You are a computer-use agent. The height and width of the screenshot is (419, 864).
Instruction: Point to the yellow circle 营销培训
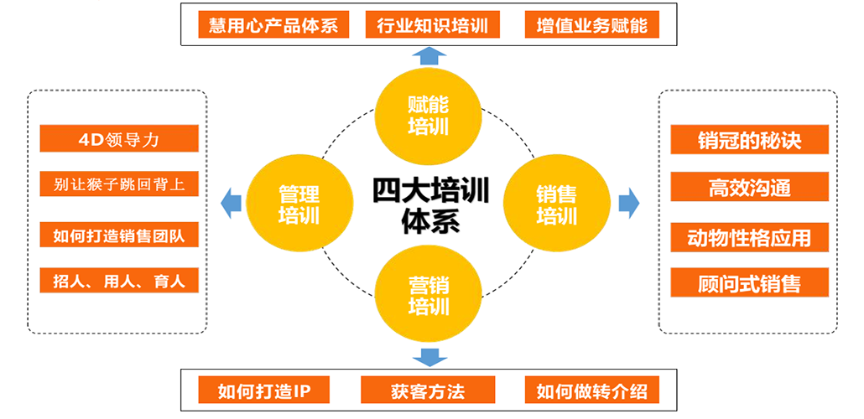click(x=429, y=294)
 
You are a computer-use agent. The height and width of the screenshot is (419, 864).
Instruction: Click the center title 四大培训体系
click(x=430, y=204)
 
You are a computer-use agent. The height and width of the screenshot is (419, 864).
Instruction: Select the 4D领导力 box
click(x=119, y=139)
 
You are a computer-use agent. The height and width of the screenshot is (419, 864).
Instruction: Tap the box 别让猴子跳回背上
click(x=119, y=184)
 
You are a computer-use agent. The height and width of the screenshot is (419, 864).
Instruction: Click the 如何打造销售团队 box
click(x=119, y=235)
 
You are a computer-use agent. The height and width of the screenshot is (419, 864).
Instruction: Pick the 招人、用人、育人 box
click(x=119, y=280)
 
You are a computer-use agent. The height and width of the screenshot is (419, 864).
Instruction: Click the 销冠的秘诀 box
click(x=750, y=140)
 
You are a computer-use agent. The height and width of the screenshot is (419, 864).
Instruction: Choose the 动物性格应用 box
click(x=750, y=237)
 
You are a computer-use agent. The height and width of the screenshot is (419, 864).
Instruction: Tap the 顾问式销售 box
click(x=750, y=283)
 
